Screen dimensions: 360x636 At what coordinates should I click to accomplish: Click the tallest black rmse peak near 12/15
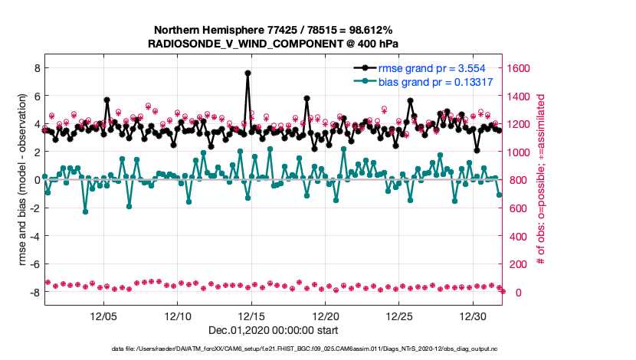point(248,74)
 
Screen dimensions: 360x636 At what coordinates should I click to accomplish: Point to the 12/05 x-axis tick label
point(103,316)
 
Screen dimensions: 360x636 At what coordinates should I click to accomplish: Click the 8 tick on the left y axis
point(34,68)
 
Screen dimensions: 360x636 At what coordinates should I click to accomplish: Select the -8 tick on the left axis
point(32,293)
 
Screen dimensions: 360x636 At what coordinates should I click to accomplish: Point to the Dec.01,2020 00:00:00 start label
point(272,331)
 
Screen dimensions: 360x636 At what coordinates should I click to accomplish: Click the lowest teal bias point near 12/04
point(85,211)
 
